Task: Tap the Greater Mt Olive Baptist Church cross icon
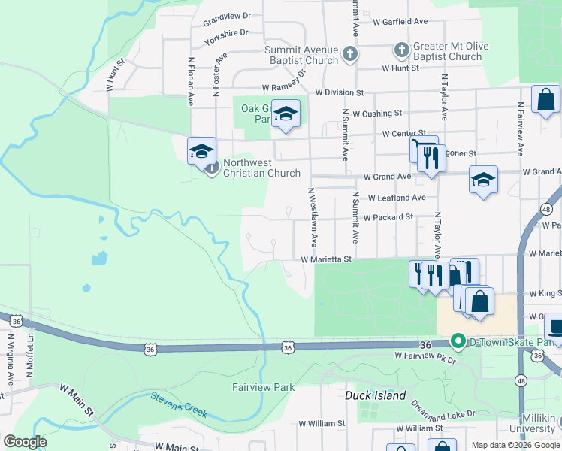click(x=401, y=50)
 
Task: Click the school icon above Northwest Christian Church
click(x=201, y=150)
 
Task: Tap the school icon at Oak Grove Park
click(x=286, y=114)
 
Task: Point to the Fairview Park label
click(x=263, y=388)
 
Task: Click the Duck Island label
click(x=375, y=395)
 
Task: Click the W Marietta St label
click(x=327, y=259)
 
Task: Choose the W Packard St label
click(x=388, y=217)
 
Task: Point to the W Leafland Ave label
click(x=397, y=198)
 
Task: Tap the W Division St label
click(x=340, y=93)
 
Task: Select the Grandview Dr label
click(x=225, y=17)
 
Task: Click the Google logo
click(x=25, y=442)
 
